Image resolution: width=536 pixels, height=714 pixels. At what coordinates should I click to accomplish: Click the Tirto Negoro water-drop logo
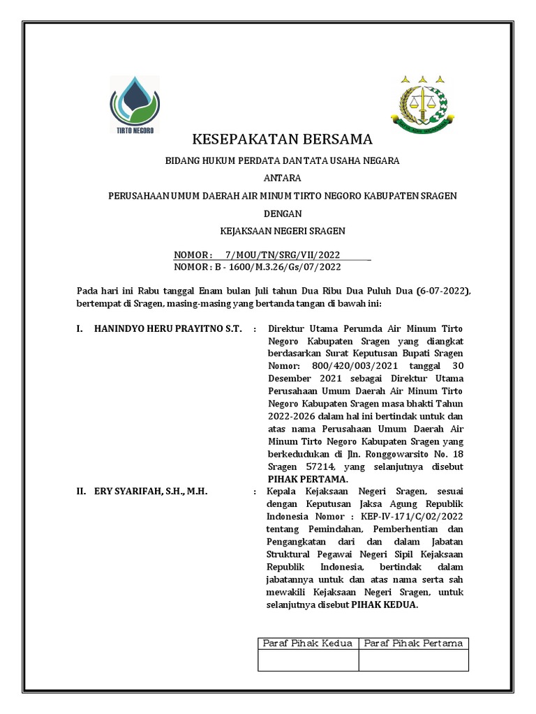[135, 104]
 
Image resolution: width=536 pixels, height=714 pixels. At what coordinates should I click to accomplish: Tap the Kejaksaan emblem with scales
[422, 103]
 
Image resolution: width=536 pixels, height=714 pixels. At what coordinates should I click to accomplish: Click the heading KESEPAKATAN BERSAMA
[282, 138]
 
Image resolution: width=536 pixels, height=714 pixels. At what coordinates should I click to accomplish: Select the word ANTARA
[282, 178]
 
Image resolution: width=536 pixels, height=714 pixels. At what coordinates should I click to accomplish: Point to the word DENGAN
[282, 213]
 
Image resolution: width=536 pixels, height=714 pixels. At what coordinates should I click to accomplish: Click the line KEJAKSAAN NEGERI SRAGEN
[282, 230]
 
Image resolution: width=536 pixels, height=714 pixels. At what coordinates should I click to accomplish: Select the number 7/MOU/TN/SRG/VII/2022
[283, 255]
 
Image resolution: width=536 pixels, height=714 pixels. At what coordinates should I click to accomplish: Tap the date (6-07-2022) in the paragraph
[443, 291]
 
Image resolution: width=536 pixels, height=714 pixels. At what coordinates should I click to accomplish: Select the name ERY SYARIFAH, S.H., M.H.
[151, 492]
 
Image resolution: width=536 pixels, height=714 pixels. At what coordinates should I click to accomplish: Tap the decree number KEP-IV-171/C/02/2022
[412, 517]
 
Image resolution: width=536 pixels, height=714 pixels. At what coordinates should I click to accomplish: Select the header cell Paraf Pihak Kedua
[308, 643]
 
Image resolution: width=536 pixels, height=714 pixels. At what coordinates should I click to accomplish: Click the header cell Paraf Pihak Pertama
[414, 643]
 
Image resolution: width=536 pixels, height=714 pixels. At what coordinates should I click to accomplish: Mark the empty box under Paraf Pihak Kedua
[308, 660]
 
